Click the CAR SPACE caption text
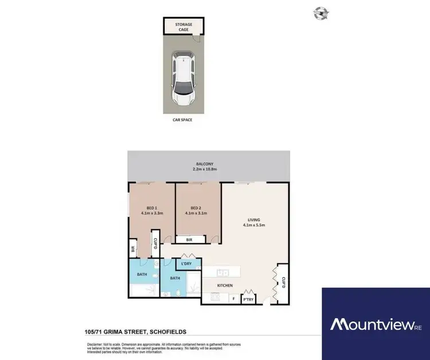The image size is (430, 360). (x=183, y=120)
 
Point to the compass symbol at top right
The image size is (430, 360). (x=320, y=13)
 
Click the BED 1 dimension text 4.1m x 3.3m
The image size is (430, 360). (x=152, y=213)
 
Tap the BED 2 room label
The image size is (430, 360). (x=196, y=208)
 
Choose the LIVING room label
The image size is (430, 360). (x=254, y=219)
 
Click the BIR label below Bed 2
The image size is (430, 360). (x=190, y=240)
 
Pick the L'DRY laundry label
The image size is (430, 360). (x=186, y=264)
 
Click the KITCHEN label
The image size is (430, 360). (x=225, y=284)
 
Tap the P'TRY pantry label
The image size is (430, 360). (x=248, y=299)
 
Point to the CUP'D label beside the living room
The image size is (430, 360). (x=284, y=281)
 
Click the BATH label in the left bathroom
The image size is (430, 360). (x=141, y=274)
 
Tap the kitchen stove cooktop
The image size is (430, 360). (x=215, y=296)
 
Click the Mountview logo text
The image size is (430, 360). (x=371, y=325)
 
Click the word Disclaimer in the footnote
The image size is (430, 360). (x=94, y=343)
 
